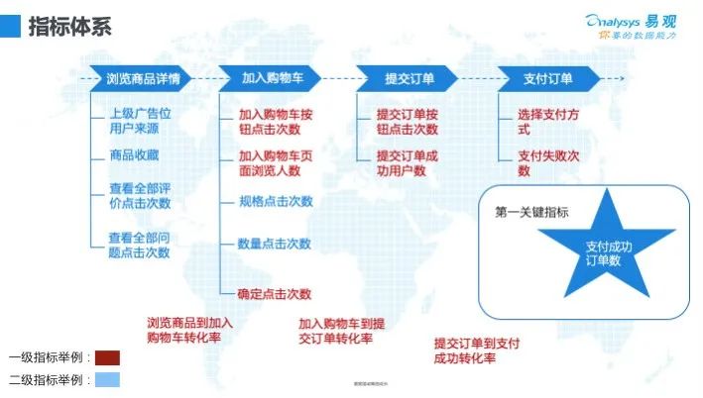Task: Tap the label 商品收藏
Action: (134, 155)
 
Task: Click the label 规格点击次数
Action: (275, 201)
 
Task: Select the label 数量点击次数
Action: (274, 244)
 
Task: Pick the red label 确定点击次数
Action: (275, 293)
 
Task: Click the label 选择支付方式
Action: (545, 122)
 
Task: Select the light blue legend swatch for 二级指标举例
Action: (108, 380)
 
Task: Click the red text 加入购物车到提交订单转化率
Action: (342, 332)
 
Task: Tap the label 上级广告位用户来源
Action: (139, 122)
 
